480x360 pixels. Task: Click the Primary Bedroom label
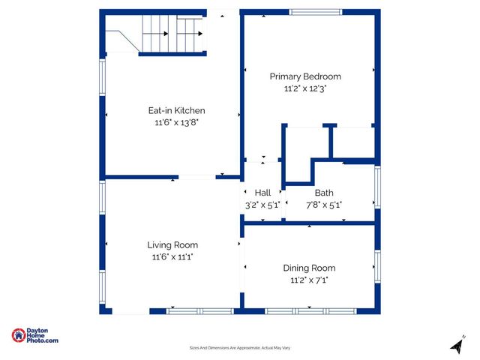[x=305, y=76]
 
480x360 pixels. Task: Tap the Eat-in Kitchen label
[x=176, y=111]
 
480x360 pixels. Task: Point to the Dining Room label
[x=309, y=268]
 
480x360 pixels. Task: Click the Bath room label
[x=324, y=193]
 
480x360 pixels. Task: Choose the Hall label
[x=262, y=193]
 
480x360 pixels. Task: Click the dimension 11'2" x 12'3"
[x=305, y=88]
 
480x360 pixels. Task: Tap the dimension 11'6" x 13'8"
[x=176, y=122]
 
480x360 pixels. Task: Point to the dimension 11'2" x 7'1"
[x=309, y=280]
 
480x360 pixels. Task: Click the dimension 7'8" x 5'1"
[x=324, y=204]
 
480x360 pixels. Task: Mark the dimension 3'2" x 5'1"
[x=262, y=204]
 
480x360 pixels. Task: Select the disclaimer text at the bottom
[x=239, y=348]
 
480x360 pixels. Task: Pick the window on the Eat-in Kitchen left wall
[x=103, y=76]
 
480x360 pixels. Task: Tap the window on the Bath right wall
[x=377, y=187]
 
